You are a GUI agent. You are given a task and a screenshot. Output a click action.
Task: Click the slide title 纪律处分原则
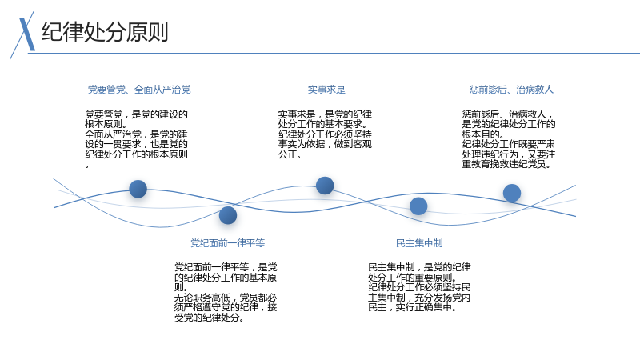(x=105, y=32)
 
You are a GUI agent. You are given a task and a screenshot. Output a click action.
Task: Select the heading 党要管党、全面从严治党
(x=139, y=90)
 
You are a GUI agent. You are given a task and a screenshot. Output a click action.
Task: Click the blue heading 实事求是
(x=326, y=90)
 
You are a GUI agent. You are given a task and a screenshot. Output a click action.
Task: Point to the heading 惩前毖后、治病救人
(x=511, y=90)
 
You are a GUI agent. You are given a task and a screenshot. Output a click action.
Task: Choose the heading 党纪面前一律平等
(x=228, y=243)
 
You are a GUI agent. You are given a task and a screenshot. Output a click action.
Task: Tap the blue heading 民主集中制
(x=419, y=243)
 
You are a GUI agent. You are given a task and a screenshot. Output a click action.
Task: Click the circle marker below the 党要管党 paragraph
(x=138, y=189)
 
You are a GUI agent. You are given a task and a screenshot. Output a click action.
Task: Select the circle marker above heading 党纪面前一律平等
(x=228, y=215)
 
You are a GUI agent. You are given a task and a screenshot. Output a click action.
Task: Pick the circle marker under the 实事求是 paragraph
(x=325, y=186)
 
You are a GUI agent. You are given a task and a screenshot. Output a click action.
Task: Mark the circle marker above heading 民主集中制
(x=418, y=206)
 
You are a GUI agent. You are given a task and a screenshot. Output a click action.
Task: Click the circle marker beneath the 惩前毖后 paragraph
(x=512, y=193)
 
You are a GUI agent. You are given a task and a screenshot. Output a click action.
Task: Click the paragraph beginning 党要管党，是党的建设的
(x=136, y=138)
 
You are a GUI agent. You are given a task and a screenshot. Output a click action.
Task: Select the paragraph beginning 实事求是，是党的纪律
(x=325, y=134)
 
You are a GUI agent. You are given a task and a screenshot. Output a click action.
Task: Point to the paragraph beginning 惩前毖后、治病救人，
(x=509, y=139)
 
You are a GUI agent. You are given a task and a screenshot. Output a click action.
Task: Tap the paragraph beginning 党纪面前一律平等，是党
(x=226, y=292)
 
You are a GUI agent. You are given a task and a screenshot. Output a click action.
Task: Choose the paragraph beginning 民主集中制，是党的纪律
(x=419, y=287)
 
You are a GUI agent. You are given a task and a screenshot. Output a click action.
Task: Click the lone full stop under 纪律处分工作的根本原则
(x=87, y=166)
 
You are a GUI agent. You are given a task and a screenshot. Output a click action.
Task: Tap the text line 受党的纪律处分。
(x=210, y=318)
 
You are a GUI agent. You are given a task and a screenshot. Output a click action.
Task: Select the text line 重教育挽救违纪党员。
(x=506, y=165)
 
